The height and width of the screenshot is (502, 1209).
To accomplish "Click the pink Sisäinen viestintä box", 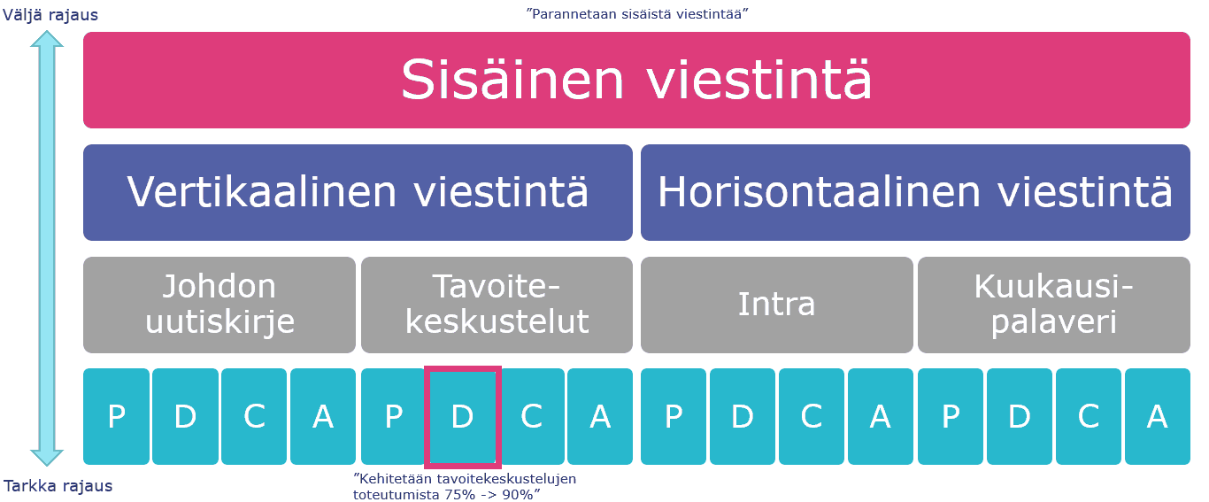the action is tap(636, 80).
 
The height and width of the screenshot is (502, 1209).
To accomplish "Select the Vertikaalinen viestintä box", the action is tap(358, 192).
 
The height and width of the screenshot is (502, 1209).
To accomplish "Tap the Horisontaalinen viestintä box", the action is tap(915, 192).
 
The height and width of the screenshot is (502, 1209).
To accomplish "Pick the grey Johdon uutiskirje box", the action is tap(219, 305).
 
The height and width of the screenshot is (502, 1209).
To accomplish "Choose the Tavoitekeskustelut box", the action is tap(497, 305).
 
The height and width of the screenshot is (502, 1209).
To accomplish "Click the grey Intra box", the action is tap(777, 305).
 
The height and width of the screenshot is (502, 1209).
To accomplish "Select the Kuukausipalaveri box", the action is tap(1054, 305).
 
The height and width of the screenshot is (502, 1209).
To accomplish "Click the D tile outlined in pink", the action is tap(463, 417).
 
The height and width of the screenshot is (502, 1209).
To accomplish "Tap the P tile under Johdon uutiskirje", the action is tap(116, 417).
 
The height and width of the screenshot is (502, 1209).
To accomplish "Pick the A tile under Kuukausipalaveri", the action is tap(1157, 417).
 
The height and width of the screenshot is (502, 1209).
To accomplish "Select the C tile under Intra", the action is tap(812, 417).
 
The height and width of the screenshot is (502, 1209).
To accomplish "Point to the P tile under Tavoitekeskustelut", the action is tap(393, 417).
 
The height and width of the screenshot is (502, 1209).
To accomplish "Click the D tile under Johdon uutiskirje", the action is tap(185, 417).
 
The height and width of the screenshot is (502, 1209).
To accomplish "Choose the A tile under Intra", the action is tap(881, 417).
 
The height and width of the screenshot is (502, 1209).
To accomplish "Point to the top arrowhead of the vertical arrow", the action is tap(47, 32).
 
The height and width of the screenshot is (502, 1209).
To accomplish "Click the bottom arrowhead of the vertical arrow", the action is tap(47, 465).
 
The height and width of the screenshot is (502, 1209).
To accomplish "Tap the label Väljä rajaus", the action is tap(50, 14).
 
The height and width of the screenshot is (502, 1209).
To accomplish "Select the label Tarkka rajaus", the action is tap(58, 486).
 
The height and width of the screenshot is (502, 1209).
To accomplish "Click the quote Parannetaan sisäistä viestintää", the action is tap(637, 13).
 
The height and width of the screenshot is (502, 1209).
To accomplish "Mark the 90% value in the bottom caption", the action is tap(518, 494).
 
